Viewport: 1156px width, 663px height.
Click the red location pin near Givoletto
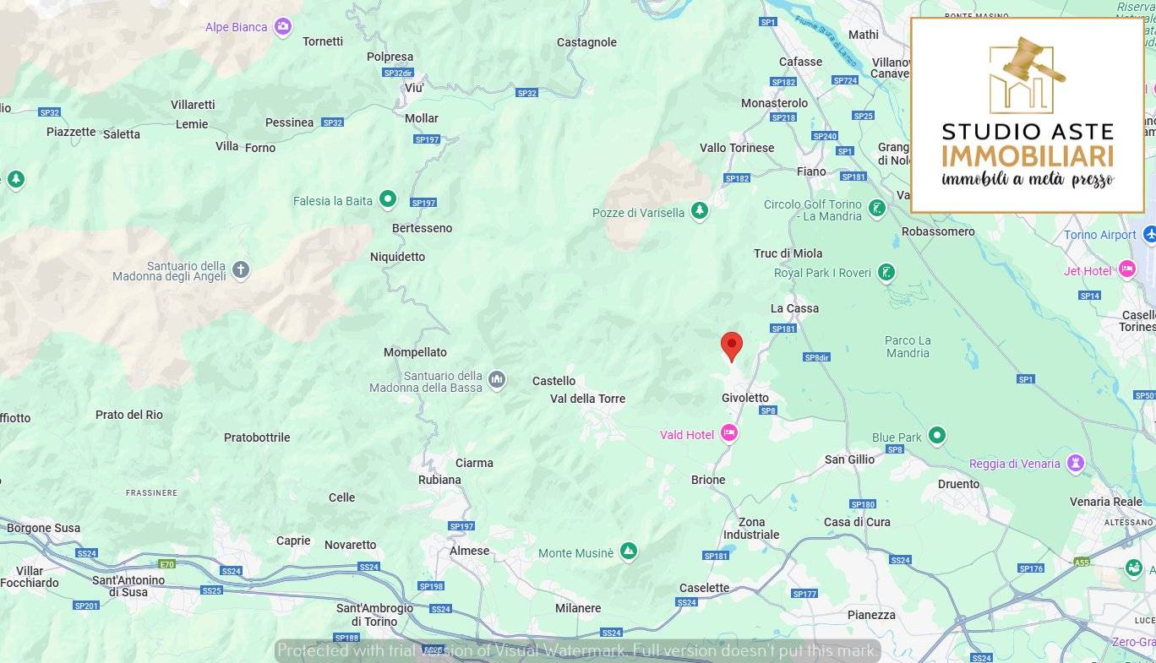(x=732, y=345)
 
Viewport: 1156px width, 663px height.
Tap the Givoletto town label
(x=744, y=398)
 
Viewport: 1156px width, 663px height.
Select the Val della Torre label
(x=587, y=399)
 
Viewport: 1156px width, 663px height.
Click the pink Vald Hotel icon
(x=729, y=434)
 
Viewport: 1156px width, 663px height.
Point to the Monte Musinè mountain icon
(x=628, y=552)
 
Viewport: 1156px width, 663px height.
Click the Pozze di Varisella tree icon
(x=699, y=211)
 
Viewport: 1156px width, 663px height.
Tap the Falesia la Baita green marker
(x=388, y=199)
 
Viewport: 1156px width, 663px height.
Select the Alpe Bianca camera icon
(x=283, y=27)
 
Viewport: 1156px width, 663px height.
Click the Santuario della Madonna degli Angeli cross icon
(x=241, y=270)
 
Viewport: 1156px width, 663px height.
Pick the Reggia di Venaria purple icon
(x=1075, y=463)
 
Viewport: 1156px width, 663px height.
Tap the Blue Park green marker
(x=936, y=436)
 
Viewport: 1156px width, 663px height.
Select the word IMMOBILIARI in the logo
(x=1027, y=156)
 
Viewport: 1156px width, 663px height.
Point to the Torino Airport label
(x=1099, y=235)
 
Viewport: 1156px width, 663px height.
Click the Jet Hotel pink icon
(x=1126, y=269)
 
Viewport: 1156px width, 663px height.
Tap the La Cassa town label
(x=794, y=308)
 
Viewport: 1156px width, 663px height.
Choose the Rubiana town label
(x=439, y=480)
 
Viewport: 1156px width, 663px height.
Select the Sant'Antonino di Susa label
(x=128, y=586)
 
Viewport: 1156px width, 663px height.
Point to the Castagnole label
(x=586, y=42)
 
